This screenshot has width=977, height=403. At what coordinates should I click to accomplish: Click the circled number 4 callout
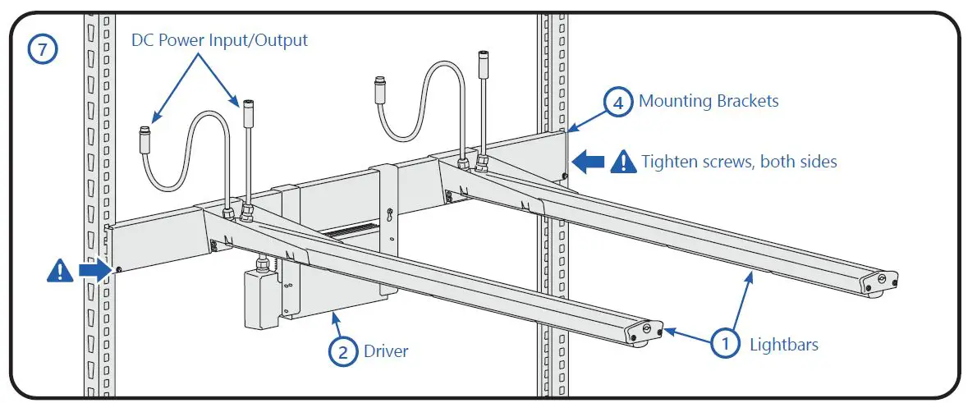tap(618, 103)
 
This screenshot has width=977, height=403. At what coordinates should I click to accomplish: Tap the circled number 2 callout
tap(343, 351)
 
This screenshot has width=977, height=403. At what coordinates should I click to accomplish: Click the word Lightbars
tap(784, 345)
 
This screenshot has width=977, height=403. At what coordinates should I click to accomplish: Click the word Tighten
tap(668, 162)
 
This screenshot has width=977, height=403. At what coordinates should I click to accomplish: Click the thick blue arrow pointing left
tap(588, 162)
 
